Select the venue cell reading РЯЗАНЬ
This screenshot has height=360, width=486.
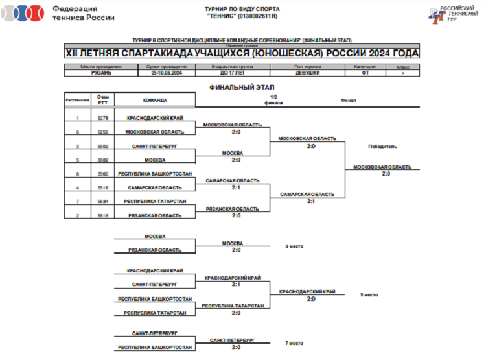(x=101, y=73)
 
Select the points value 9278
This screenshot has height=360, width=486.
(x=102, y=118)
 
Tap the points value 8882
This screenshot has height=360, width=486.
(x=102, y=160)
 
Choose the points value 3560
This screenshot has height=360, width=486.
(x=102, y=174)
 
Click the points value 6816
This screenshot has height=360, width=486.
(x=102, y=215)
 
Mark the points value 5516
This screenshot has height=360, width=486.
(x=102, y=188)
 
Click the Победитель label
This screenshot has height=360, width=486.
(x=382, y=146)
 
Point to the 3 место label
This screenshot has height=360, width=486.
(x=294, y=246)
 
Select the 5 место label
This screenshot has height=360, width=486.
(x=369, y=295)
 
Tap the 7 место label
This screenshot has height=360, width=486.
(x=294, y=343)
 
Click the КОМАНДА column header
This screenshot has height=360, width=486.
(x=155, y=100)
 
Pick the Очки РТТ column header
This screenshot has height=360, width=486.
(x=102, y=99)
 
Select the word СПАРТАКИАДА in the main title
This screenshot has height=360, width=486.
(x=205, y=53)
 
